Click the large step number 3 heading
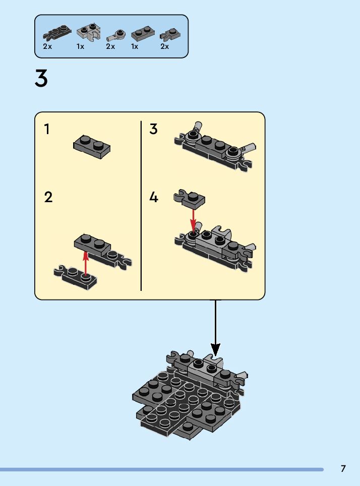pos(41,79)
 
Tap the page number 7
pos(343,468)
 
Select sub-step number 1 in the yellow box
pos(47,130)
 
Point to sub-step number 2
pos(48,197)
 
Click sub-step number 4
pos(154,197)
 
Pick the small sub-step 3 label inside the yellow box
pos(154,129)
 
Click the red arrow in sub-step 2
pos(86,262)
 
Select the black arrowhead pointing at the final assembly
pos(215,349)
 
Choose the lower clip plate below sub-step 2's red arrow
pos(76,276)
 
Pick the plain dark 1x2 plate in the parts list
pos(143,34)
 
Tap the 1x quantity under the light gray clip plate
pos(80,46)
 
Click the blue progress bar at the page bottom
pos(161,469)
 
